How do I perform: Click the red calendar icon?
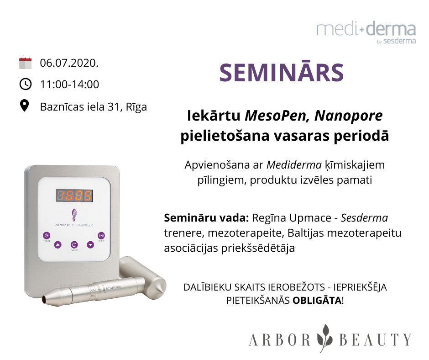[25, 63]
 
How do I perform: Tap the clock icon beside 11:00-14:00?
[26, 84]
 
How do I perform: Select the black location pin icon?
[25, 106]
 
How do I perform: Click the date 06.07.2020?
[69, 63]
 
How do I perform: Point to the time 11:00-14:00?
[69, 85]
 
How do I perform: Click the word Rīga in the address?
[136, 107]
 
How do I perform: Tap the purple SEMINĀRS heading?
[281, 73]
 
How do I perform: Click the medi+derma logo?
[366, 32]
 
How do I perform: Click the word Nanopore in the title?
[348, 116]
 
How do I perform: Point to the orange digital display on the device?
[74, 196]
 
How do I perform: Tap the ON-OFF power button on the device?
[74, 245]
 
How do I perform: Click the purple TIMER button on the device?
[47, 235]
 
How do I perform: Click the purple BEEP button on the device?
[101, 235]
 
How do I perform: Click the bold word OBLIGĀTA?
[317, 301]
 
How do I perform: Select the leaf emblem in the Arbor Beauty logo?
[325, 339]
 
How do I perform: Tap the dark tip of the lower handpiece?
[44, 299]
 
